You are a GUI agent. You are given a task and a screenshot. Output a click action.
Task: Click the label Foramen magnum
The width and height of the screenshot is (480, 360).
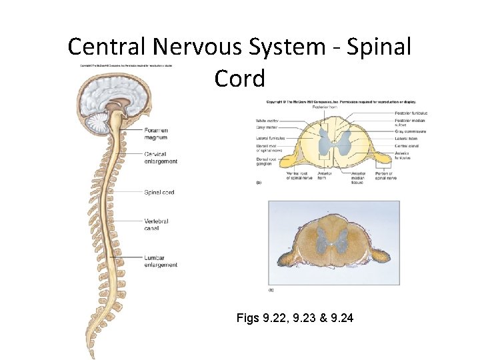pyautogui.click(x=155, y=133)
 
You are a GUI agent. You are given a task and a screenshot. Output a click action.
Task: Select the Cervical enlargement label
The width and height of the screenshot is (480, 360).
pyautogui.click(x=161, y=157)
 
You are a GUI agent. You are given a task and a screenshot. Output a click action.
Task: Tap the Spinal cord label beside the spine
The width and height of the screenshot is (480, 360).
pyautogui.click(x=159, y=192)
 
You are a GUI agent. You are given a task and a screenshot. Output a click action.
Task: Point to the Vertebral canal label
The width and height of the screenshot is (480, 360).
pyautogui.click(x=156, y=225)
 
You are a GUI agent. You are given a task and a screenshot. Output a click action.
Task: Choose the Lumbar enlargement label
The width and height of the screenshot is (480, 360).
pyautogui.click(x=161, y=261)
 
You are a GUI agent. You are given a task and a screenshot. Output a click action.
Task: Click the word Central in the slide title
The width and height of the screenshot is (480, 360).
pyautogui.click(x=107, y=47)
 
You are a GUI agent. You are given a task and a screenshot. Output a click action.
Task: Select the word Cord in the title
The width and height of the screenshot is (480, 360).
pyautogui.click(x=239, y=78)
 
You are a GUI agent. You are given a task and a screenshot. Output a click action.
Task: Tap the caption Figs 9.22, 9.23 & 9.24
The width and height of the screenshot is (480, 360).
pyautogui.click(x=295, y=318)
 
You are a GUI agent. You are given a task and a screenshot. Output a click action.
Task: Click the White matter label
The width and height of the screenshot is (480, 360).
pyautogui.click(x=268, y=120)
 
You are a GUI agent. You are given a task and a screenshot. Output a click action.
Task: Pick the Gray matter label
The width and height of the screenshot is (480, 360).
pyautogui.click(x=267, y=127)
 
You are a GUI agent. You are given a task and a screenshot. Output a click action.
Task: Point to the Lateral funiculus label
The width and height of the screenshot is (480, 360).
pyautogui.click(x=270, y=138)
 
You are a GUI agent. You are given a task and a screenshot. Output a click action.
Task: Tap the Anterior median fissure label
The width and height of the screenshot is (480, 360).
pyautogui.click(x=358, y=178)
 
